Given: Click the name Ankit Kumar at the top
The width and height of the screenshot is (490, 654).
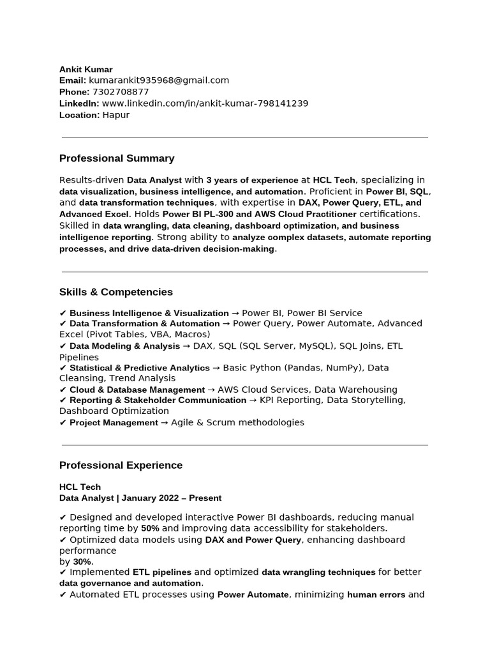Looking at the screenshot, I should point(85,69).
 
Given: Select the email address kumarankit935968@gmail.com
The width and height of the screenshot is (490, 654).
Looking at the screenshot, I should point(159,80).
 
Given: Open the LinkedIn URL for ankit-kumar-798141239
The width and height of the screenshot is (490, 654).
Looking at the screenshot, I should point(205,103).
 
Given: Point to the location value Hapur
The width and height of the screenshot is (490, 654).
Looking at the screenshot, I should point(116,115).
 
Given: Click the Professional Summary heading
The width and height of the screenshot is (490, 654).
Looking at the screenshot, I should point(117,158).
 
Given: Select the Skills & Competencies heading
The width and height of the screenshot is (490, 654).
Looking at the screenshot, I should point(116,292).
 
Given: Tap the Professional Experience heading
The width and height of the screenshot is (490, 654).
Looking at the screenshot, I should point(121,465).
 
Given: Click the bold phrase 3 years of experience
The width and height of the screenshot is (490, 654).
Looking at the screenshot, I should point(252,180).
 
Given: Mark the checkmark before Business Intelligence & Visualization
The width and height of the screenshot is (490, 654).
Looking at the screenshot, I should point(63,313).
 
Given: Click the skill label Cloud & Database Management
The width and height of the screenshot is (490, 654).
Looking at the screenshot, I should point(137,390).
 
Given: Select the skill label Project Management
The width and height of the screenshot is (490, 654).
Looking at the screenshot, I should point(114,422).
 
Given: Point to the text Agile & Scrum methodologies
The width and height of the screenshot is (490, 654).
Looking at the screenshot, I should point(237,422).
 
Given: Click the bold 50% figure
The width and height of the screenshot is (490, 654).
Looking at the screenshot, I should point(150,529).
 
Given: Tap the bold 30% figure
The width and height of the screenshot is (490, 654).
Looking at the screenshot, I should point(83,561).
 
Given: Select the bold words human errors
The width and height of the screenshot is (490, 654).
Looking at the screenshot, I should point(376,595).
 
